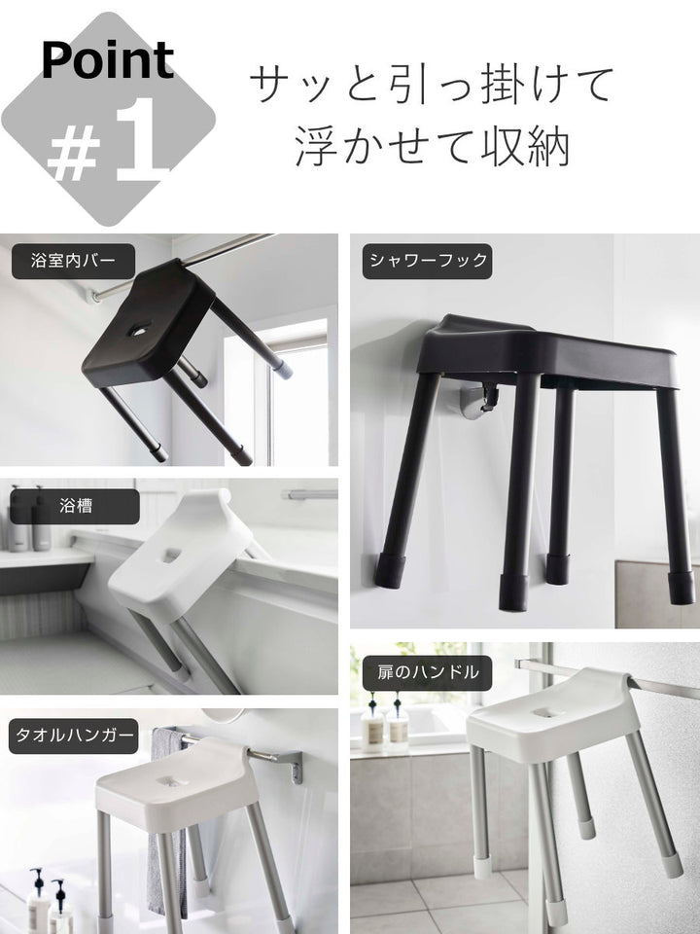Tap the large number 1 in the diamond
(140, 138)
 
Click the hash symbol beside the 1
(74, 156)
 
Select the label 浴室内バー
(73, 261)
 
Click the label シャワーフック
(427, 261)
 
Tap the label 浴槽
(75, 506)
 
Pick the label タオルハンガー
(74, 736)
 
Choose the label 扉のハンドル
(427, 672)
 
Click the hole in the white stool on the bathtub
(170, 556)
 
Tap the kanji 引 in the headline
(402, 84)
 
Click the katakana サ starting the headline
(272, 86)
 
